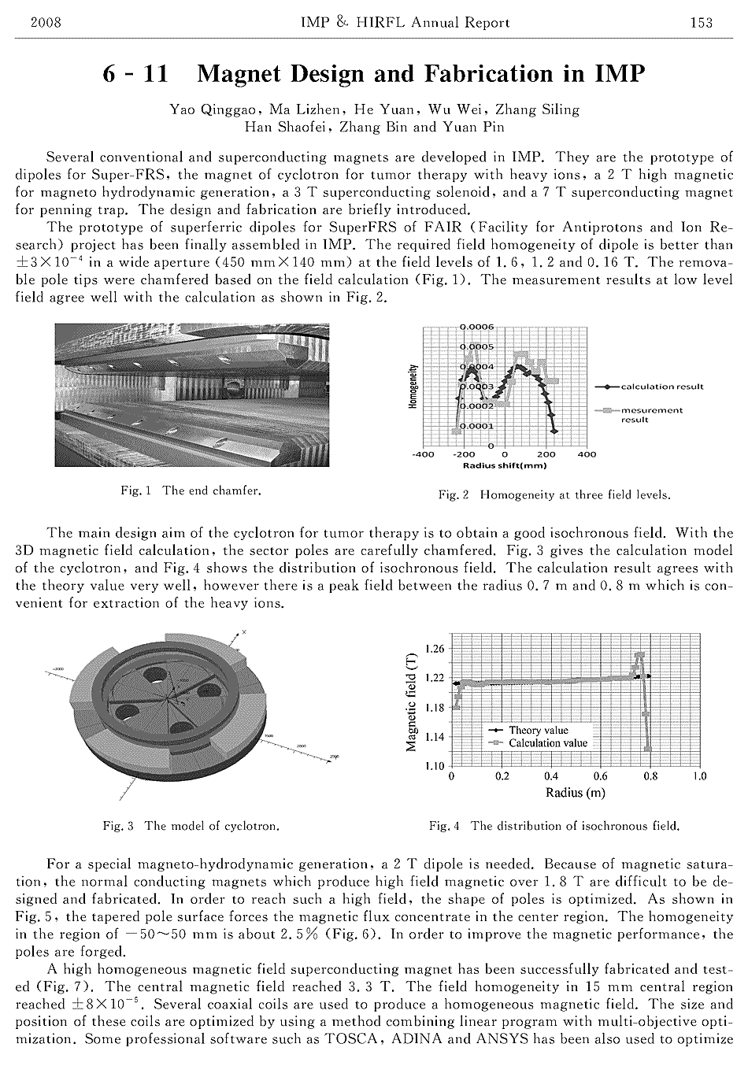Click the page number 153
coord(701,22)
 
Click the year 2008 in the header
coord(46,22)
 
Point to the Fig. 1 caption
coord(191,490)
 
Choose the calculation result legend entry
coord(661,387)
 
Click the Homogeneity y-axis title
coord(411,386)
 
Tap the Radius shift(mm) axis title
coord(504,465)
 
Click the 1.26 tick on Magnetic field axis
coord(434,649)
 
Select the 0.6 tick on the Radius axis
coord(600,776)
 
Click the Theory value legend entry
coord(538,730)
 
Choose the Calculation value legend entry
coord(547,742)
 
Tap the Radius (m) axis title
coord(575,792)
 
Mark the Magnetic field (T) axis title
coord(411,702)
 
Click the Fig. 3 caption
coord(191,826)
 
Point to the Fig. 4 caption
coord(554,826)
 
